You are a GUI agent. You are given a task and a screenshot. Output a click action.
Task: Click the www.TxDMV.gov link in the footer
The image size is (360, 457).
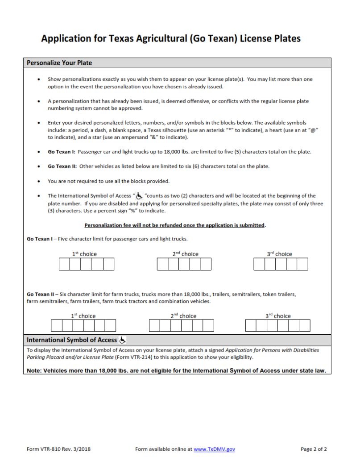[x=214, y=449]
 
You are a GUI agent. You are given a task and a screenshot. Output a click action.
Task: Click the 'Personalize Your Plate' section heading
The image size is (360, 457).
[x=59, y=63]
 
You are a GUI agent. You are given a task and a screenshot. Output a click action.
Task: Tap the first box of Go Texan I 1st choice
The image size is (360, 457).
[x=64, y=264]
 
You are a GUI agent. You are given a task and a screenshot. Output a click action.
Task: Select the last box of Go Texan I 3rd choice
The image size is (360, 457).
[x=302, y=264]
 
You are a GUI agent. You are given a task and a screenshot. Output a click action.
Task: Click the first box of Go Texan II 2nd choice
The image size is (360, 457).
[x=154, y=325]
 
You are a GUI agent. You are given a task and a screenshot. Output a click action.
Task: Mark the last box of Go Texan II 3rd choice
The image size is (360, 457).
[x=305, y=325]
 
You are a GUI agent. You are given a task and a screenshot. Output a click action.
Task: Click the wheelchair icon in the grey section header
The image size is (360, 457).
[x=123, y=340]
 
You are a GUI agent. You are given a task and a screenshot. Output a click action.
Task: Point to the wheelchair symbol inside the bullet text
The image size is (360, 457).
[x=139, y=196]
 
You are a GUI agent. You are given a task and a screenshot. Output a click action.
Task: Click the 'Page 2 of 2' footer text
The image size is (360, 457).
[x=314, y=449]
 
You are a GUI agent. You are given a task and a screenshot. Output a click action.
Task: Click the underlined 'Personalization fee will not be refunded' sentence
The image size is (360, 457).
[x=174, y=225]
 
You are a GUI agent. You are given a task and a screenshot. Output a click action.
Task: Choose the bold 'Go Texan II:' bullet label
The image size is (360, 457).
[x=62, y=166]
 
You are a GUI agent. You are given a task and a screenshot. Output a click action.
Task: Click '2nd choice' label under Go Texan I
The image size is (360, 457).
[x=185, y=254]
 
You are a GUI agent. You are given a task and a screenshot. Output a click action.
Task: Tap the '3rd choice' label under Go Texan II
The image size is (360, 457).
[x=278, y=316]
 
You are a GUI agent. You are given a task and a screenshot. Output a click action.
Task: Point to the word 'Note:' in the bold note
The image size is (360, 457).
[x=34, y=371]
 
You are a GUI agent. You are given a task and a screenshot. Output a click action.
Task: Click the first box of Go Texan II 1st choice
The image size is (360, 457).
[x=57, y=325]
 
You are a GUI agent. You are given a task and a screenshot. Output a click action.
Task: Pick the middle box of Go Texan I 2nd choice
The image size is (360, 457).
[x=184, y=264]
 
